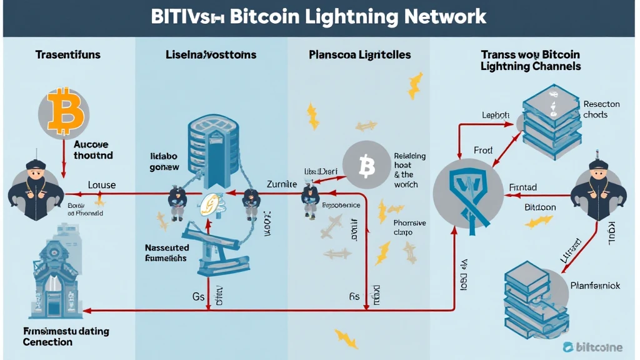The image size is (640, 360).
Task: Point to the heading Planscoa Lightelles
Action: [360, 55]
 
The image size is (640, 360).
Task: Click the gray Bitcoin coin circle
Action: [367, 165]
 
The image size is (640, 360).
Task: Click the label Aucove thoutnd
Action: [92, 149]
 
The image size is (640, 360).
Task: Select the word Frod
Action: [482, 150]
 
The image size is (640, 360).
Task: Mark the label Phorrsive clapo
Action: [409, 228]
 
